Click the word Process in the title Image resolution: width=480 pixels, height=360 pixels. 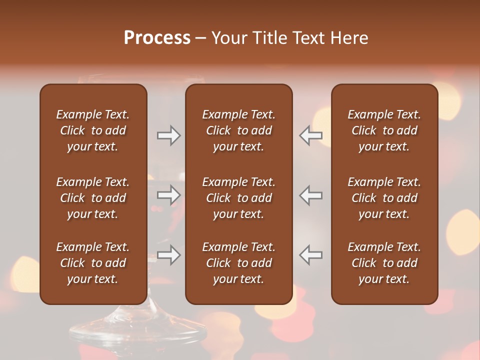[157, 38]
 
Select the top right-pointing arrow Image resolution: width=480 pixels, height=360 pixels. [169, 135]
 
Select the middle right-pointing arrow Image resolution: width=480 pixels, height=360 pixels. [169, 195]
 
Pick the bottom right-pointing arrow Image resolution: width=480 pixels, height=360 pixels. [169, 255]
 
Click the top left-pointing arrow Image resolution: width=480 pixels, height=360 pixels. [310, 135]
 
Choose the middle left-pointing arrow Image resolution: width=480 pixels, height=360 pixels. [310, 195]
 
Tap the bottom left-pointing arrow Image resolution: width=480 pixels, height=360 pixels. [310, 255]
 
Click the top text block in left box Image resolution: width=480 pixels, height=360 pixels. [93, 130]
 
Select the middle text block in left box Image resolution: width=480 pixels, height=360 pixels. [93, 198]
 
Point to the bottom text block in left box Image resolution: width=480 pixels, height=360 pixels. [93, 263]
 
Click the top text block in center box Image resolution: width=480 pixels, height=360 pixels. [238, 130]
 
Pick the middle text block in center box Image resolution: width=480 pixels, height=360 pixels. [238, 198]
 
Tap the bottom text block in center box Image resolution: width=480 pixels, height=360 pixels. [238, 263]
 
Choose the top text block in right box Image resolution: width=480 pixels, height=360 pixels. [384, 130]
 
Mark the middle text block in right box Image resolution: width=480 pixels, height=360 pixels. [384, 198]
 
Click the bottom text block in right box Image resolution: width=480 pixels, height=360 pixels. [384, 263]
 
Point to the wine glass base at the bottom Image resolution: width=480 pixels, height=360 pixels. [150, 330]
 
